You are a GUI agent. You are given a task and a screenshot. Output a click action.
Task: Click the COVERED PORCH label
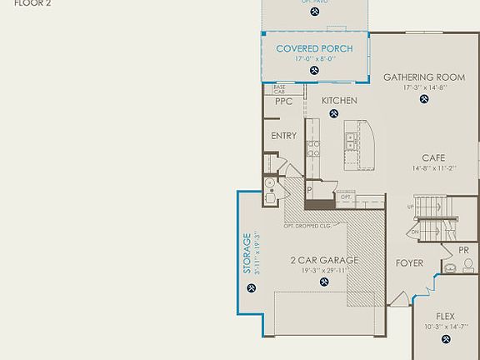tap(314, 48)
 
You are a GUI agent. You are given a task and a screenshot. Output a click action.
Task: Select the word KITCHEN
tap(339, 101)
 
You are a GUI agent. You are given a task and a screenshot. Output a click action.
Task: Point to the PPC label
tap(282, 101)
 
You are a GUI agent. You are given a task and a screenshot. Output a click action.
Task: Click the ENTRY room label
tap(283, 136)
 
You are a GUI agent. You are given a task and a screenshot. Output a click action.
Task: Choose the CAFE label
tap(433, 157)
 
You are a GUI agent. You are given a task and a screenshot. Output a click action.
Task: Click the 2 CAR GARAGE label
tap(324, 260)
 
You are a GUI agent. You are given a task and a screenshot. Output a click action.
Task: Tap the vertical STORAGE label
tap(247, 252)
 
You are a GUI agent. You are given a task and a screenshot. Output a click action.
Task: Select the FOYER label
tap(409, 263)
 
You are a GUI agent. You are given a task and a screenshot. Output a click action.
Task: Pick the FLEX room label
tap(445, 316)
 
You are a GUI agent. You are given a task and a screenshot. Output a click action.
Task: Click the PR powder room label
tap(463, 250)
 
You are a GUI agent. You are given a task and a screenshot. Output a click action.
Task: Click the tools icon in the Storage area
tap(252, 288)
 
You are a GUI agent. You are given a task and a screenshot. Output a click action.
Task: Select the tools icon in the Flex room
tap(444, 341)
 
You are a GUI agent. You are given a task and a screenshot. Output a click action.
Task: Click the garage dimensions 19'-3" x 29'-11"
tap(324, 270)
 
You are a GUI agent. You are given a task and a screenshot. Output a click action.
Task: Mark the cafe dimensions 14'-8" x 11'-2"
tap(432, 167)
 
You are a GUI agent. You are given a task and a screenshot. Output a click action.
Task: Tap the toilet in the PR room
tap(468, 264)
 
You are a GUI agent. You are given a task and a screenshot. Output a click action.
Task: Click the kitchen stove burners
tap(314, 149)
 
